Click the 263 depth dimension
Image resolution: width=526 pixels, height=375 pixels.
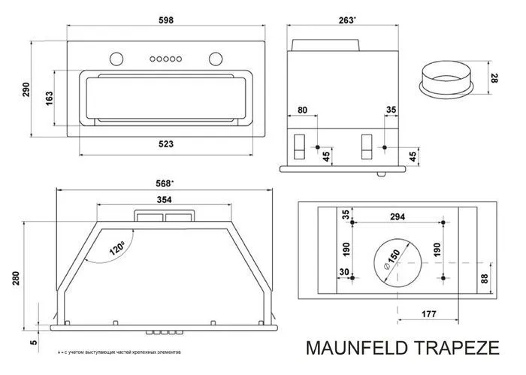point(346,20)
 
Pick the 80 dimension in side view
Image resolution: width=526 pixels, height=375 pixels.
point(303,110)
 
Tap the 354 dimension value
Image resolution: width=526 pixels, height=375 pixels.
point(164,199)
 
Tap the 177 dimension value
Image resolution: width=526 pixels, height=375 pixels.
point(430,313)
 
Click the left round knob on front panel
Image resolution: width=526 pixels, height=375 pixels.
point(115,58)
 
